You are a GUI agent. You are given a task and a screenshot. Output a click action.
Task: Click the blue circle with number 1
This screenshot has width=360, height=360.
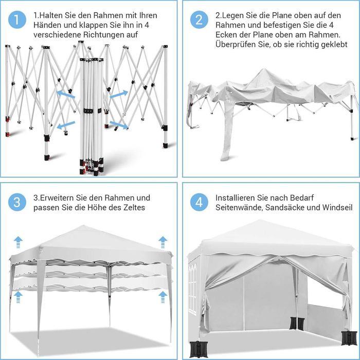(17, 20)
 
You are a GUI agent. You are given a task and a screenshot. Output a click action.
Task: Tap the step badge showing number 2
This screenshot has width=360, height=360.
(199, 20)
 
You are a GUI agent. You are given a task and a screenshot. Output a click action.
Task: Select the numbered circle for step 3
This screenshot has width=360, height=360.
(17, 202)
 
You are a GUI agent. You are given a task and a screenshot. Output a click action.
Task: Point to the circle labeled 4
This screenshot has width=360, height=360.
(199, 202)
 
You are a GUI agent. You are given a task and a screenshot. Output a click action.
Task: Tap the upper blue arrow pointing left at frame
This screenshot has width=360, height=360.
(65, 94)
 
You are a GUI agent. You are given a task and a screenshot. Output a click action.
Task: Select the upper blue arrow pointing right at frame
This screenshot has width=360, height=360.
(119, 95)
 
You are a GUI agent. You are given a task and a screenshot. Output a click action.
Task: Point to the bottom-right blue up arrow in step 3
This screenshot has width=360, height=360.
(163, 296)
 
